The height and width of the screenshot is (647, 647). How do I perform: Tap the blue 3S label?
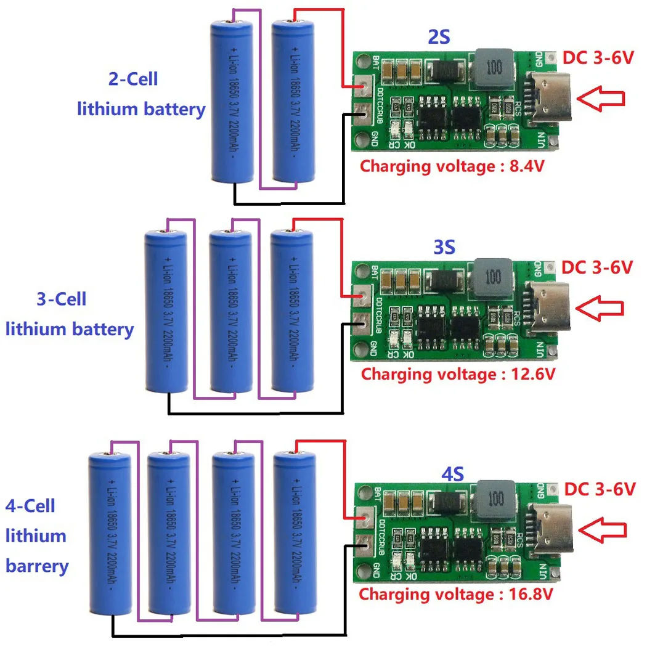[444, 248]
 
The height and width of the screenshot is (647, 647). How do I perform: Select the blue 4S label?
[452, 474]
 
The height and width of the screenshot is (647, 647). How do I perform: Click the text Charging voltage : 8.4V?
[452, 166]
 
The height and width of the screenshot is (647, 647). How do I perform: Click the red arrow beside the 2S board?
[603, 97]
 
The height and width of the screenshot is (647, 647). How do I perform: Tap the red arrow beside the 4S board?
[604, 530]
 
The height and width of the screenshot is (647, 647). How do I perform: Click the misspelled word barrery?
[37, 566]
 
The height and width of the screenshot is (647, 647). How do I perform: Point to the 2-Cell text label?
[133, 79]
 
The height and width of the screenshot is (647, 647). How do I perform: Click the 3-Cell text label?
[62, 299]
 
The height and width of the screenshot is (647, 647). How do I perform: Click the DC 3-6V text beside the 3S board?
[597, 267]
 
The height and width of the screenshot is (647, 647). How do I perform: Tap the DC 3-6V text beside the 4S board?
[599, 489]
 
